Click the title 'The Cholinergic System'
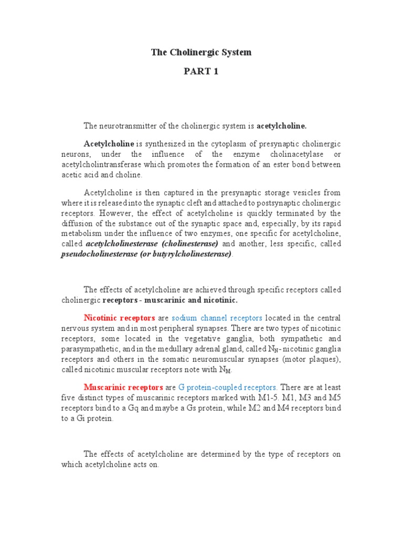[x=201, y=52]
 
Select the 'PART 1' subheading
[x=201, y=72]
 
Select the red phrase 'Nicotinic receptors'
[x=119, y=318]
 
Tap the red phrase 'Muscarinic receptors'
[x=123, y=388]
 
